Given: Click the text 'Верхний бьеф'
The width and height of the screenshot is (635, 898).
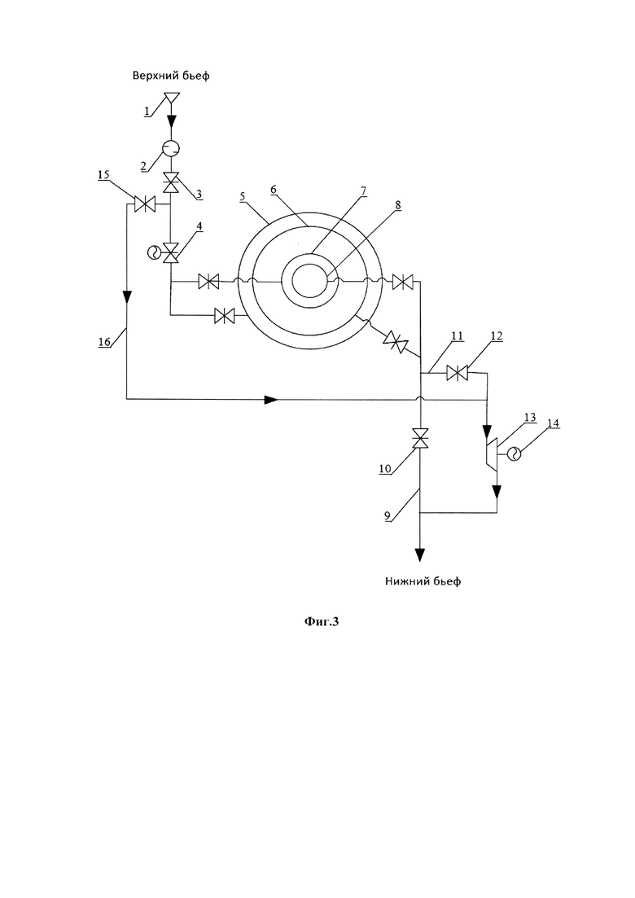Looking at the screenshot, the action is click(x=171, y=76).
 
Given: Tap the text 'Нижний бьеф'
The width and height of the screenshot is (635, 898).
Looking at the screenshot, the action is click(x=423, y=581).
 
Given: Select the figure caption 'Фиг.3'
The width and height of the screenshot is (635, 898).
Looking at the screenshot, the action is click(x=322, y=621).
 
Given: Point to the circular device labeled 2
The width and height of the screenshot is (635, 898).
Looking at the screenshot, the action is click(x=171, y=148).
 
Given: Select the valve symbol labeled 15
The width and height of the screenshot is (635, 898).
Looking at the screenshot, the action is click(x=144, y=204).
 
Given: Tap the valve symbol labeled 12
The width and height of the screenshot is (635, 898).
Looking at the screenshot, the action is click(x=458, y=374).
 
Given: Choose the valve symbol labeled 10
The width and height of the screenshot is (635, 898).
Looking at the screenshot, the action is click(x=421, y=440).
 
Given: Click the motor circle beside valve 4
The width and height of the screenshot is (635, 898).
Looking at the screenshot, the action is click(x=155, y=252).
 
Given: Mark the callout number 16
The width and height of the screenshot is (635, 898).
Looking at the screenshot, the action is click(x=103, y=342).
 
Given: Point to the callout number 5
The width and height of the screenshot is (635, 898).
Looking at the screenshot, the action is click(x=243, y=196).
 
